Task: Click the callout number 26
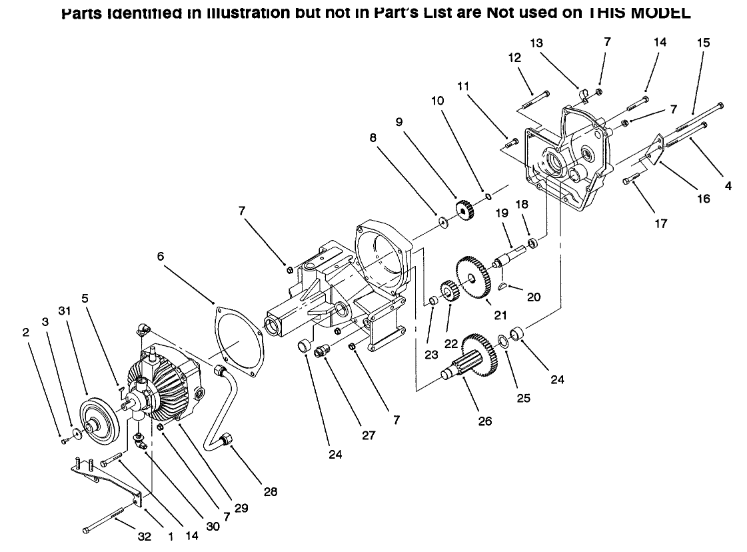[485, 421]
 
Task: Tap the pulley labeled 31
[98, 419]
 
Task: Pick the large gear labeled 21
[473, 273]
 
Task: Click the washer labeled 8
[442, 221]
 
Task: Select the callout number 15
[703, 43]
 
